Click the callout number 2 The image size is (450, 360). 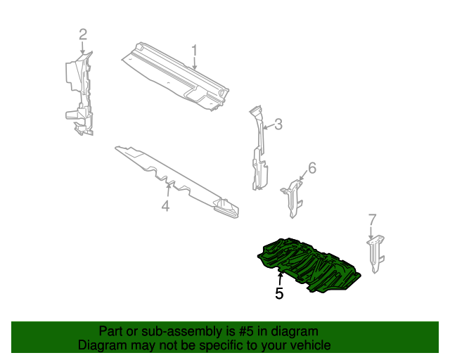click(x=82, y=34)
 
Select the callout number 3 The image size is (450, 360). click(x=278, y=124)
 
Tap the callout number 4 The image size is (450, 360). click(x=165, y=206)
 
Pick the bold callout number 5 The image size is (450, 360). click(x=279, y=294)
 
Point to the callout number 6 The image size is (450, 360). click(x=312, y=167)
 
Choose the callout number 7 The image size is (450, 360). click(x=373, y=219)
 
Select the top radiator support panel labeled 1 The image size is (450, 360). click(x=176, y=74)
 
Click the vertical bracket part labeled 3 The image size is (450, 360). click(x=258, y=155)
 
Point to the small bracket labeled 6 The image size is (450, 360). click(x=293, y=195)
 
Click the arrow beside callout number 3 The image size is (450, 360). click(x=268, y=127)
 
